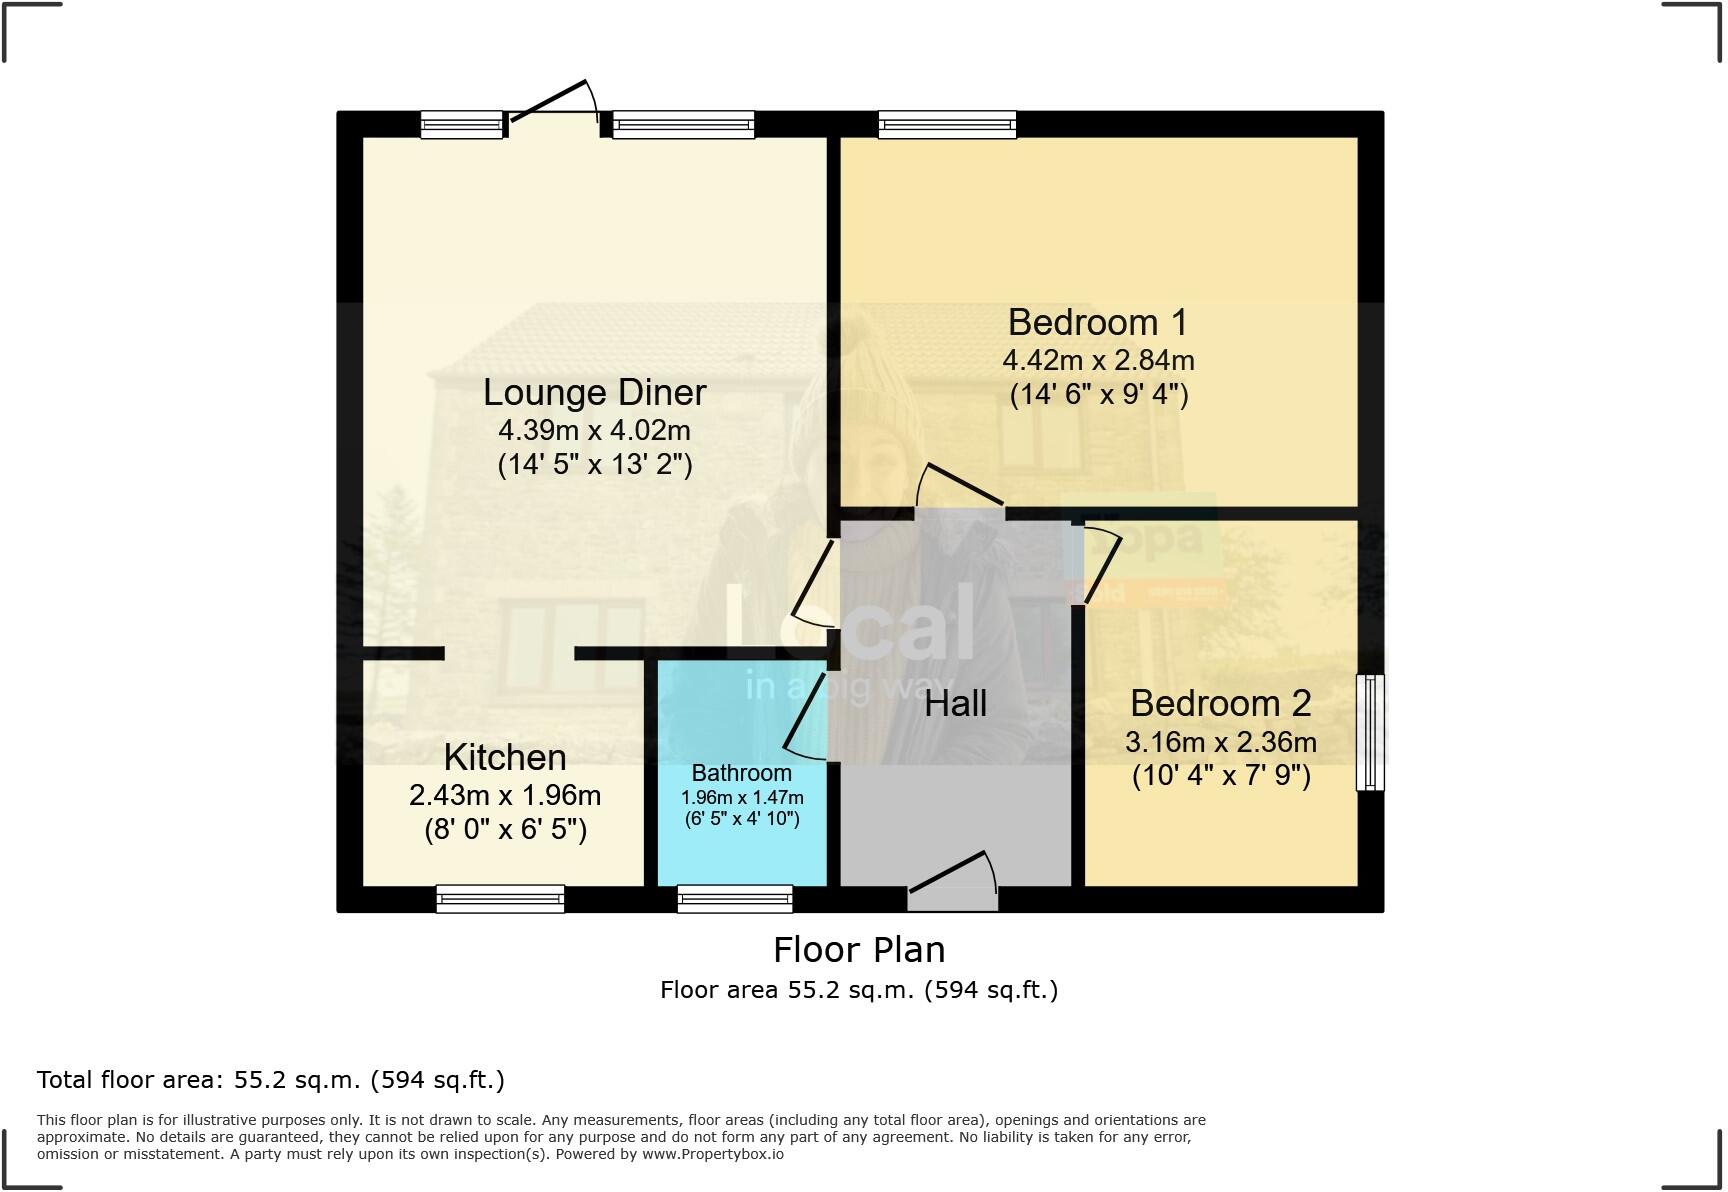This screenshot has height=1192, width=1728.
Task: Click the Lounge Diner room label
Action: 594,392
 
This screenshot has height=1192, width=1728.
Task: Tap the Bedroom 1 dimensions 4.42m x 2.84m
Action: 1098,360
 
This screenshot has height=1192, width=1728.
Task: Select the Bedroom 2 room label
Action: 1220,703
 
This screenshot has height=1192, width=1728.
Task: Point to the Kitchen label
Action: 504,757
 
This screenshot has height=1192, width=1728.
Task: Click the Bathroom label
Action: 741,773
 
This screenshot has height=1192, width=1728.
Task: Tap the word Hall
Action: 955,703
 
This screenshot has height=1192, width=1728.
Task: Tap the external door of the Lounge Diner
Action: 553,105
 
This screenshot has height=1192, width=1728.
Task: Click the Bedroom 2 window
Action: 1370,733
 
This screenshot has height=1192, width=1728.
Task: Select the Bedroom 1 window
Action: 947,125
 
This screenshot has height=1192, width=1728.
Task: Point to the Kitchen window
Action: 500,899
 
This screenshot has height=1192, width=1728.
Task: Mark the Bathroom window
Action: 735,899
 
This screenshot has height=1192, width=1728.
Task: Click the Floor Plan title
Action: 859,949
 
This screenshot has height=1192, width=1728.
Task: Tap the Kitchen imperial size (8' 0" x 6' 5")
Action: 505,829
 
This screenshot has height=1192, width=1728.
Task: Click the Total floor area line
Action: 271,1080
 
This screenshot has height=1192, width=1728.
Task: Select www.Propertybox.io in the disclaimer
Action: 712,1154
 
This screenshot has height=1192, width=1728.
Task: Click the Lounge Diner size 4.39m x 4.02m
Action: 594,430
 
